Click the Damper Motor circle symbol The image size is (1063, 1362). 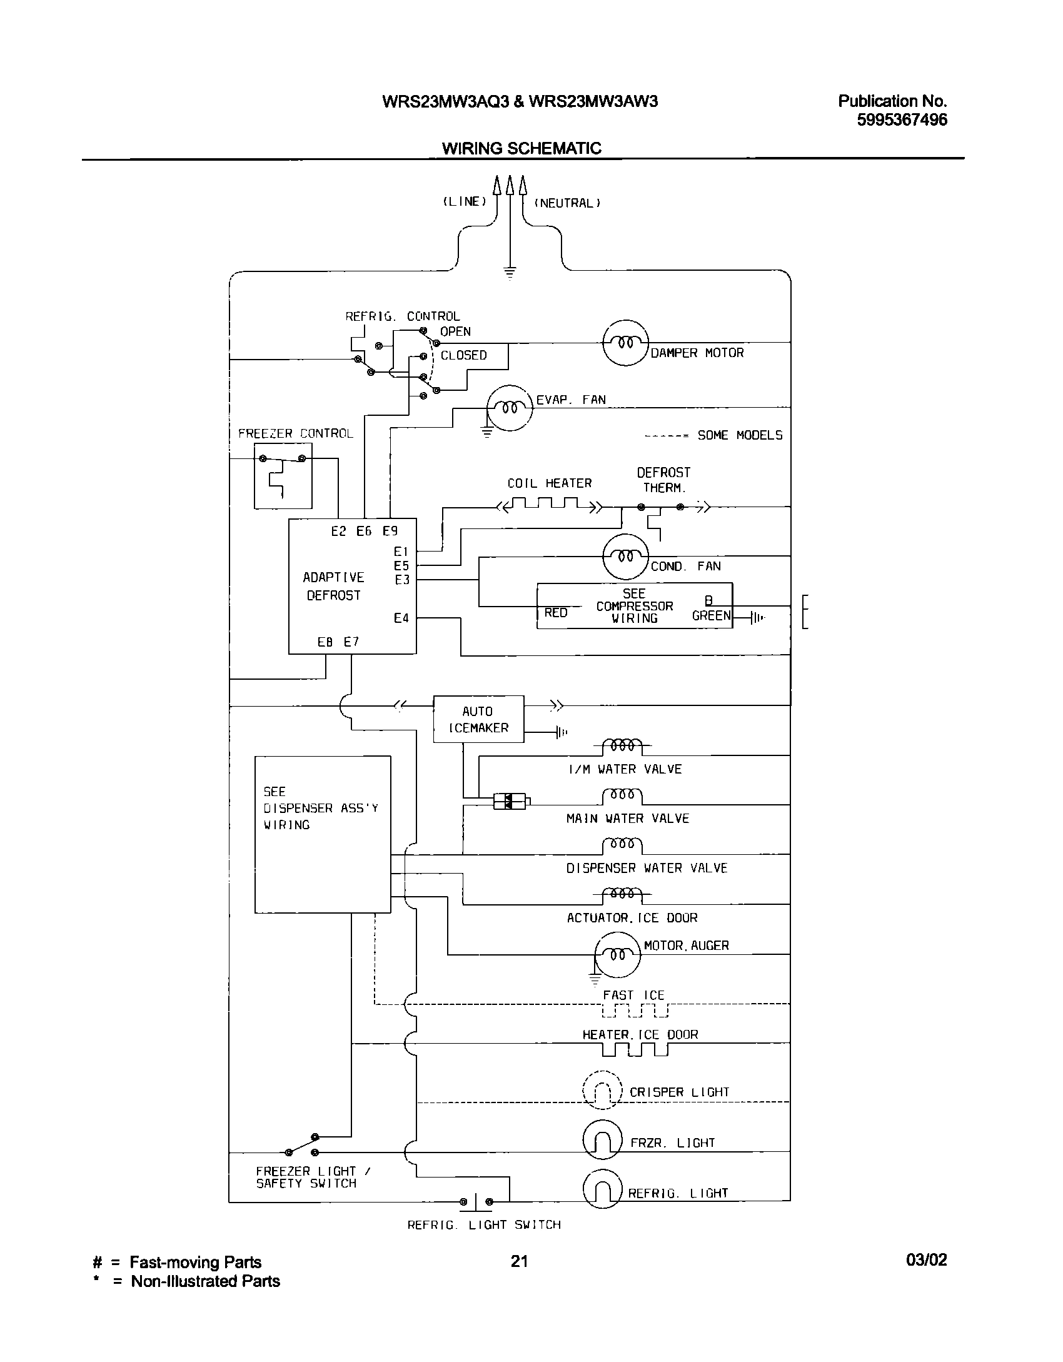point(625,342)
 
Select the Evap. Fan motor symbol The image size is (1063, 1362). point(510,408)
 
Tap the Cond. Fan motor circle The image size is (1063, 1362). point(625,556)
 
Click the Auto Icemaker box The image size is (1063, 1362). point(478,719)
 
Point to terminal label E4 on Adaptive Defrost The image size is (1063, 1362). point(401,618)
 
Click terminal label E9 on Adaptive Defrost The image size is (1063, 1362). point(390,531)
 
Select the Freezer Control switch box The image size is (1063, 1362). point(283,476)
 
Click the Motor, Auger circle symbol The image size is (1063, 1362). point(618,954)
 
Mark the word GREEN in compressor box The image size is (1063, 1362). point(711,615)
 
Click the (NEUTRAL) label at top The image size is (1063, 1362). point(567,203)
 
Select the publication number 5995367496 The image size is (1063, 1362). point(901,120)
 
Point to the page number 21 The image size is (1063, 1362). point(519,1261)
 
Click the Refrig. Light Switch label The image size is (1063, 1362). point(484,1224)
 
